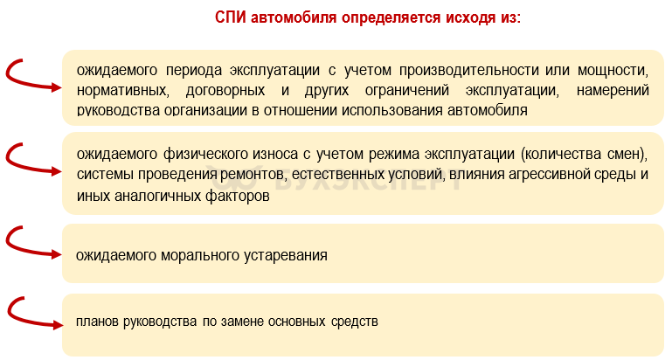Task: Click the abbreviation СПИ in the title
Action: point(230,17)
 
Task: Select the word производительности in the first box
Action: point(470,70)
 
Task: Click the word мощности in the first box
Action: point(613,70)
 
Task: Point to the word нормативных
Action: point(122,90)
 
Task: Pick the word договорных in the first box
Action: point(225,90)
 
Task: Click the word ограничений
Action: point(406,90)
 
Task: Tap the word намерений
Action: point(613,90)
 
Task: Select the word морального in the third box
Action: point(200,255)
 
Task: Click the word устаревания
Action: point(286,255)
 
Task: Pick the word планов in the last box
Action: point(97,322)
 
